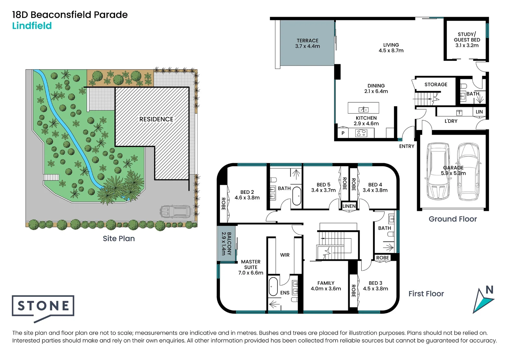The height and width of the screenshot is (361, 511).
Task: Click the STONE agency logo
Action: (x=43, y=306)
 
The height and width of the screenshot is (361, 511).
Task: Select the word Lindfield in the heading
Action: (x=32, y=26)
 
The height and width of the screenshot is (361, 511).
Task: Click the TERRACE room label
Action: (x=307, y=40)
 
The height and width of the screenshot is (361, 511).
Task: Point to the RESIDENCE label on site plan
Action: (x=156, y=119)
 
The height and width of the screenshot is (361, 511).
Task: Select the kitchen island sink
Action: (x=363, y=109)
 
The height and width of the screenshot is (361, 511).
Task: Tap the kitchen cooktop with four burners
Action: (x=361, y=133)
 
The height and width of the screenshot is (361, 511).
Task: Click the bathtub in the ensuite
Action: (x=273, y=286)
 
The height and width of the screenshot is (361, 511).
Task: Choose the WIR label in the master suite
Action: (x=285, y=255)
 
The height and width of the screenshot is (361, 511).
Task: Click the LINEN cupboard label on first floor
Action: (x=349, y=206)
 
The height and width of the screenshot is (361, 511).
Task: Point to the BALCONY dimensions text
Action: (x=224, y=244)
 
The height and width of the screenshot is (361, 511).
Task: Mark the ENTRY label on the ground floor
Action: (x=406, y=146)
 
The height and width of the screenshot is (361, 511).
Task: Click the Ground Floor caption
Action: (x=453, y=219)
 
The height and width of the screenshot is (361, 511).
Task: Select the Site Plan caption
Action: (x=119, y=238)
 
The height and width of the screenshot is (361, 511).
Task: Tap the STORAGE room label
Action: (x=435, y=85)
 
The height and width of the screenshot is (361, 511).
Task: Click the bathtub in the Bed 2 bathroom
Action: (x=296, y=196)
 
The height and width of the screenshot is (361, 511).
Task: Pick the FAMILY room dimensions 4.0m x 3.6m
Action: (x=326, y=288)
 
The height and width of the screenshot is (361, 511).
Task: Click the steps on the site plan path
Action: (x=51, y=177)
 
